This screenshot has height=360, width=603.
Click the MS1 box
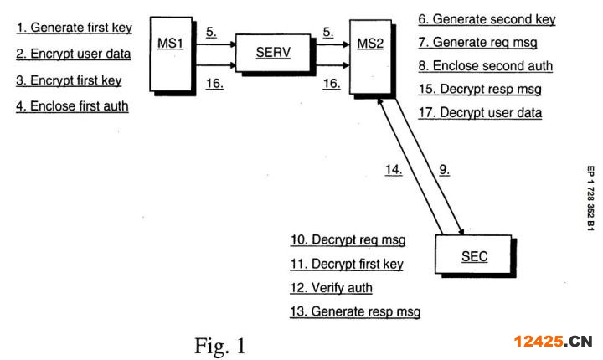click(171, 54)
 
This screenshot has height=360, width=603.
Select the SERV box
click(273, 53)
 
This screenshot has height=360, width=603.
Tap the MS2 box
click(371, 57)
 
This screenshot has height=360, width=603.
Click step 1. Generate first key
click(75, 28)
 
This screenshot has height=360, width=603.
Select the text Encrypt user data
click(80, 54)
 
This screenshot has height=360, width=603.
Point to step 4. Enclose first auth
click(72, 106)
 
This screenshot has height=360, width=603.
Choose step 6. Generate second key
click(487, 19)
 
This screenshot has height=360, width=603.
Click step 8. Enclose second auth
click(485, 66)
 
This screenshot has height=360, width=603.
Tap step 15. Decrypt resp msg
click(480, 90)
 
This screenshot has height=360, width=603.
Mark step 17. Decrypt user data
click(480, 113)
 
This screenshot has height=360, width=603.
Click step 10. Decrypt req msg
click(348, 240)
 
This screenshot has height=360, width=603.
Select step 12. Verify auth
click(331, 288)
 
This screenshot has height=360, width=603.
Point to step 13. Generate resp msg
click(355, 311)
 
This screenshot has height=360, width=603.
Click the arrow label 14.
click(394, 170)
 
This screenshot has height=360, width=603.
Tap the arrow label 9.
click(445, 170)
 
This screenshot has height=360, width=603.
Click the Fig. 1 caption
click(219, 346)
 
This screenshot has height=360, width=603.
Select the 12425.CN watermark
click(553, 341)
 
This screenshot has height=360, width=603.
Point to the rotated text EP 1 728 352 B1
click(590, 198)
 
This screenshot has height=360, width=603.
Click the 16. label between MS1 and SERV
click(214, 84)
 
